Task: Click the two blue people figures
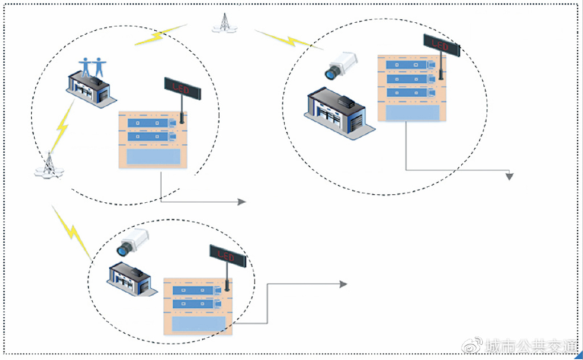click(x=93, y=67)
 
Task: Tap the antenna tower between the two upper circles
click(x=224, y=23)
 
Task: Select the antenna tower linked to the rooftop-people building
click(x=49, y=165)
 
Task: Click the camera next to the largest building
click(x=341, y=66)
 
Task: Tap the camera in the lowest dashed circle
click(x=133, y=243)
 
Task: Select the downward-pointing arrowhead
click(x=510, y=176)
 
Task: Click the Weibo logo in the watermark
click(x=472, y=346)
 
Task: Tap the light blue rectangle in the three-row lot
click(x=412, y=113)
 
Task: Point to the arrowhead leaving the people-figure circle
click(x=242, y=202)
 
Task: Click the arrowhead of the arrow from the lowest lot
click(x=343, y=284)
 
